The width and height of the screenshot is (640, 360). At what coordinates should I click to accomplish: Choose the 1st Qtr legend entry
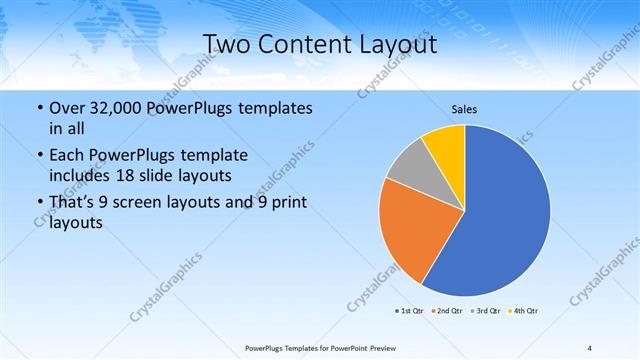pos(410,311)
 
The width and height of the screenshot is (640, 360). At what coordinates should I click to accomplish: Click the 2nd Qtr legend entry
pos(447,311)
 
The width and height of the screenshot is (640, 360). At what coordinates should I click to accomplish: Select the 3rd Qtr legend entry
pos(484,311)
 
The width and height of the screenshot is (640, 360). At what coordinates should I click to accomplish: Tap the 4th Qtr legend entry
pos(523,311)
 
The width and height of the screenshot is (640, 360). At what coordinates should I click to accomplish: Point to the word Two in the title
pos(229,44)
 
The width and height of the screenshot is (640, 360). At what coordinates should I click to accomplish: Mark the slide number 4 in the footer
pos(590,348)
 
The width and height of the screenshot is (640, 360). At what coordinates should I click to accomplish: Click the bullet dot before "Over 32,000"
pos(38,108)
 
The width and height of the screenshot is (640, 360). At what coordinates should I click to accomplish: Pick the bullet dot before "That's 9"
pos(38,204)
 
